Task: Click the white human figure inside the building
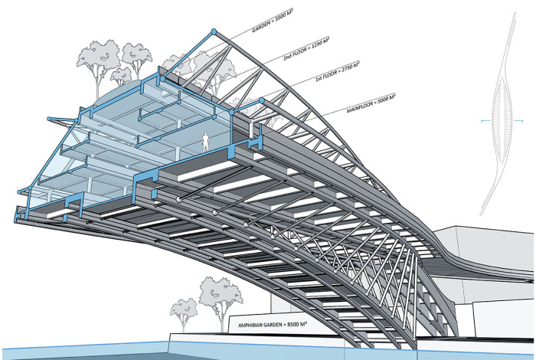[206, 141]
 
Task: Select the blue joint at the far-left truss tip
[50, 119]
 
